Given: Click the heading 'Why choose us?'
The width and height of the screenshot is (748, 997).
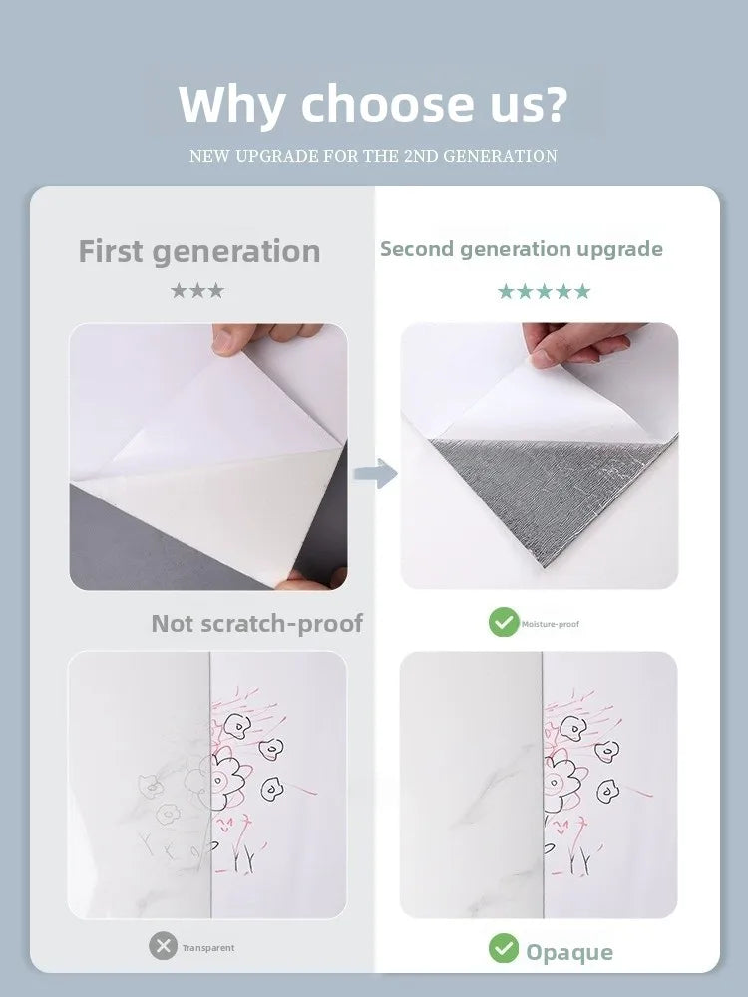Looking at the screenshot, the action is [373, 104].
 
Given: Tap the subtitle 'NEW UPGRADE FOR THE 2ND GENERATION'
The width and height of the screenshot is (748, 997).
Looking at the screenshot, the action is [373, 156].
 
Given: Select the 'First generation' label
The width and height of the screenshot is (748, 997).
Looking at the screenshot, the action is [199, 252].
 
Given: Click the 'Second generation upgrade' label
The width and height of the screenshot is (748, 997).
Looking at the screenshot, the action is [522, 250].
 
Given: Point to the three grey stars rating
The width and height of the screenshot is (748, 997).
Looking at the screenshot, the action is [197, 291].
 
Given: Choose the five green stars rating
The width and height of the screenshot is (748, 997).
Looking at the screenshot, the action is [544, 292].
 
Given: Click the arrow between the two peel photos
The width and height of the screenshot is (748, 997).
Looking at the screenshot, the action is [376, 473].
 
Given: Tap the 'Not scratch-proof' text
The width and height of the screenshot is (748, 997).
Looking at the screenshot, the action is [257, 624].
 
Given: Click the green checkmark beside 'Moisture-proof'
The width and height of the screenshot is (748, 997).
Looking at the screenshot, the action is [504, 622].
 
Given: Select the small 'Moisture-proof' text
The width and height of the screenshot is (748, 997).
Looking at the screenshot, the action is [551, 624].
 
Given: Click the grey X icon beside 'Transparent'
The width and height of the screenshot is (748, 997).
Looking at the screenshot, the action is [163, 946].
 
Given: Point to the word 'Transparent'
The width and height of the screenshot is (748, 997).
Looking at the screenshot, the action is [208, 948].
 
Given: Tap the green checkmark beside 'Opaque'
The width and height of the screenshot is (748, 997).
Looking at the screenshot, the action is [504, 948].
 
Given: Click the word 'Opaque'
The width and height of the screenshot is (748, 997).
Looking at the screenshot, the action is [569, 952].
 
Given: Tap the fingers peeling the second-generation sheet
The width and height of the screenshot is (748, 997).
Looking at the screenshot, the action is [578, 343].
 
